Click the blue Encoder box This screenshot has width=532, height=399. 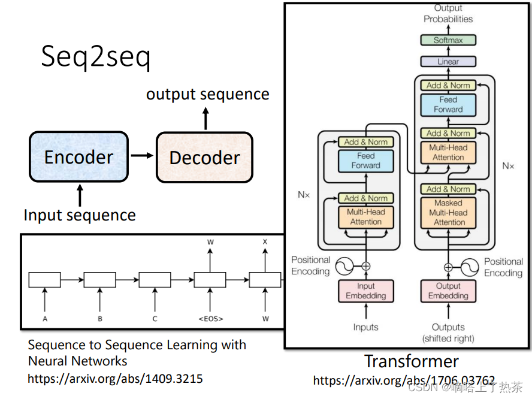coord(78,157)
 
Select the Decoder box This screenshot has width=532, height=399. coord(204,158)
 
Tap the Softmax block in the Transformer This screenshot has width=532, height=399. coord(448,40)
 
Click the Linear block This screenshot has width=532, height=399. coord(448,61)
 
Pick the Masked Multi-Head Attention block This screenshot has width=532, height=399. coord(449,213)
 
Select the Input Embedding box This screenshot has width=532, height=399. coord(365,291)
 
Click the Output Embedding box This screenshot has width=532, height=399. coord(448,291)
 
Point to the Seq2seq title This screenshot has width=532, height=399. coord(96,58)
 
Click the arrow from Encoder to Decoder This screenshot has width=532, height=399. coord(142,156)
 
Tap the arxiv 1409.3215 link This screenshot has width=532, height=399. coord(115,379)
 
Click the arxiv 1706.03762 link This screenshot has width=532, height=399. coord(404,380)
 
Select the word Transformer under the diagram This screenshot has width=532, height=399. coord(411,361)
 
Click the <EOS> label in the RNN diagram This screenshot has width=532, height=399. coord(210,319)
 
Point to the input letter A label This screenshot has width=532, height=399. coord(45,319)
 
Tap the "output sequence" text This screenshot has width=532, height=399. coord(207,94)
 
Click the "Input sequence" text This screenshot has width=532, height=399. coord(80,215)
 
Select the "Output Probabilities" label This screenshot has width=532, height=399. coord(448,13)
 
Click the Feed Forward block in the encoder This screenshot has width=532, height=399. coord(365,161)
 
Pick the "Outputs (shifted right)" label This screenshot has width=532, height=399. coord(448,332)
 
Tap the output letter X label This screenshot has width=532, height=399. coord(265,241)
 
